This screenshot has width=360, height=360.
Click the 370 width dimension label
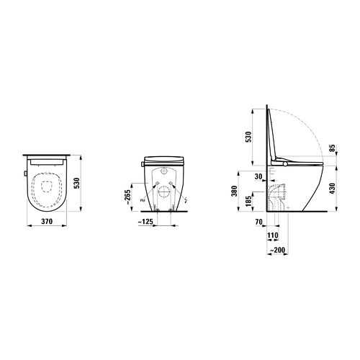click(47, 221)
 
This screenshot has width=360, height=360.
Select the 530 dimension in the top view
click(76, 184)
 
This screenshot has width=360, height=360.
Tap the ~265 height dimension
click(128, 197)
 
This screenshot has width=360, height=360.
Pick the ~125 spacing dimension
click(145, 222)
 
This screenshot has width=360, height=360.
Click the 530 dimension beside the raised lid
click(249, 137)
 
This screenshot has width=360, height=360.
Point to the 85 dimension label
click(333, 148)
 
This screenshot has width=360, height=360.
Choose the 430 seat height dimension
click(332, 189)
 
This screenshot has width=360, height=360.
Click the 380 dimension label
click(235, 191)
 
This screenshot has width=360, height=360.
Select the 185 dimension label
click(248, 201)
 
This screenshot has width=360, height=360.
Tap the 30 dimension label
click(258, 176)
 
